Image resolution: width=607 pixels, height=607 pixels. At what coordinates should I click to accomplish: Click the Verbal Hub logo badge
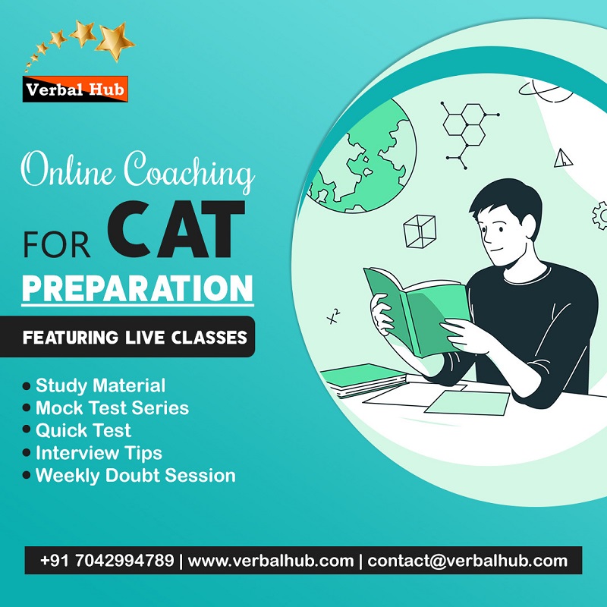tap(75, 89)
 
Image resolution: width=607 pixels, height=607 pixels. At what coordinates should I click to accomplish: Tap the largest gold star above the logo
tap(115, 41)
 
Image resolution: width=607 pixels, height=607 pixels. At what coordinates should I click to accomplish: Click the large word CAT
tap(176, 230)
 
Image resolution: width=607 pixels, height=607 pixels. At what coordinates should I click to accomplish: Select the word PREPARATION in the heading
tap(137, 288)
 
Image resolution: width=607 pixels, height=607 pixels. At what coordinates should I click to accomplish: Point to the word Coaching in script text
tap(189, 171)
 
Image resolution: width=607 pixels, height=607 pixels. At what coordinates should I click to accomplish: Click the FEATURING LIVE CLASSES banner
tap(127, 337)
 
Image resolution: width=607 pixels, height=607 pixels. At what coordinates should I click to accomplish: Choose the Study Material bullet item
tap(94, 385)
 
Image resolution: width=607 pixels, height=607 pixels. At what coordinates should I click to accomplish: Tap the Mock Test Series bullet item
tap(105, 408)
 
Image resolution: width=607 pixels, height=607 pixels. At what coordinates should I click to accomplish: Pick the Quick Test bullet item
tap(77, 430)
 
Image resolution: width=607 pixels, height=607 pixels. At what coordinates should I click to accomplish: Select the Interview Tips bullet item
tap(92, 453)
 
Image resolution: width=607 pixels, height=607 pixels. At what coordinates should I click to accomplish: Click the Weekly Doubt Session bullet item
tap(129, 476)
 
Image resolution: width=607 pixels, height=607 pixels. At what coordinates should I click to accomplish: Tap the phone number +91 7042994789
tap(107, 561)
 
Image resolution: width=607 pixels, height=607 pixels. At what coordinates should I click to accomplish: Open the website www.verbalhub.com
tap(271, 561)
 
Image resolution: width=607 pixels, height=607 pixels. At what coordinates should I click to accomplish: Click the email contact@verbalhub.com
tap(467, 561)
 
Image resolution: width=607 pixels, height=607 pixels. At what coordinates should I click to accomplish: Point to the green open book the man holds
tap(417, 310)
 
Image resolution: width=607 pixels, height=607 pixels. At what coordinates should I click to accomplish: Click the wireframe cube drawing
tap(420, 231)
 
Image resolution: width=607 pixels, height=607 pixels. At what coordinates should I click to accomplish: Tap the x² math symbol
tap(333, 316)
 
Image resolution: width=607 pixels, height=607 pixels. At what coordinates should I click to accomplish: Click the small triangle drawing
tap(562, 158)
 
